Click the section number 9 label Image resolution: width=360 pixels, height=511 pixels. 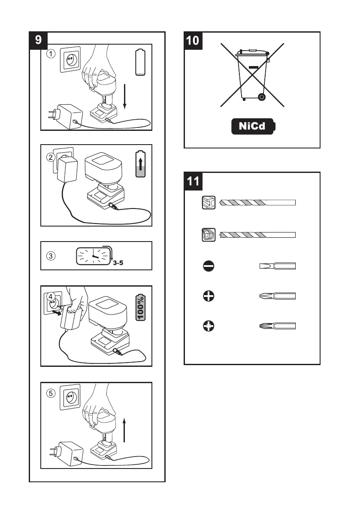pos(38,40)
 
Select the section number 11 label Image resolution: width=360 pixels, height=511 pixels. pos(193,181)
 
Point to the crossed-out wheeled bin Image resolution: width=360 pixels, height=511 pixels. pos(252,75)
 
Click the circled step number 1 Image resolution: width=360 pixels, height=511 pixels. pos(51,54)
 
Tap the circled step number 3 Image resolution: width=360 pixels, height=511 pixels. pos(51,256)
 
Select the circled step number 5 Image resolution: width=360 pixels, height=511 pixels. pos(51,393)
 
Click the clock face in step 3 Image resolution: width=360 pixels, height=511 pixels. pos(93,256)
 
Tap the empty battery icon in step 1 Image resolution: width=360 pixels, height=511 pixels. pos(140,63)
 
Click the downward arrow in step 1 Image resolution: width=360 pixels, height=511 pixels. pos(124,97)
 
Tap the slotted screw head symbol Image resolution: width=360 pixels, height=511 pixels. pos(209,266)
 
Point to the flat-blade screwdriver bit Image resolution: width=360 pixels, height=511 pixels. pos(277,266)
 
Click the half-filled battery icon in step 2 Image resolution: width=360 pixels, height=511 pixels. pos(140,165)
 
